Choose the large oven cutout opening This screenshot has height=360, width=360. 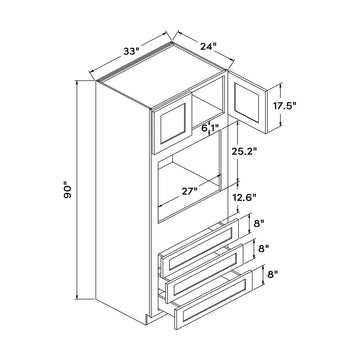(x=195, y=190)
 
